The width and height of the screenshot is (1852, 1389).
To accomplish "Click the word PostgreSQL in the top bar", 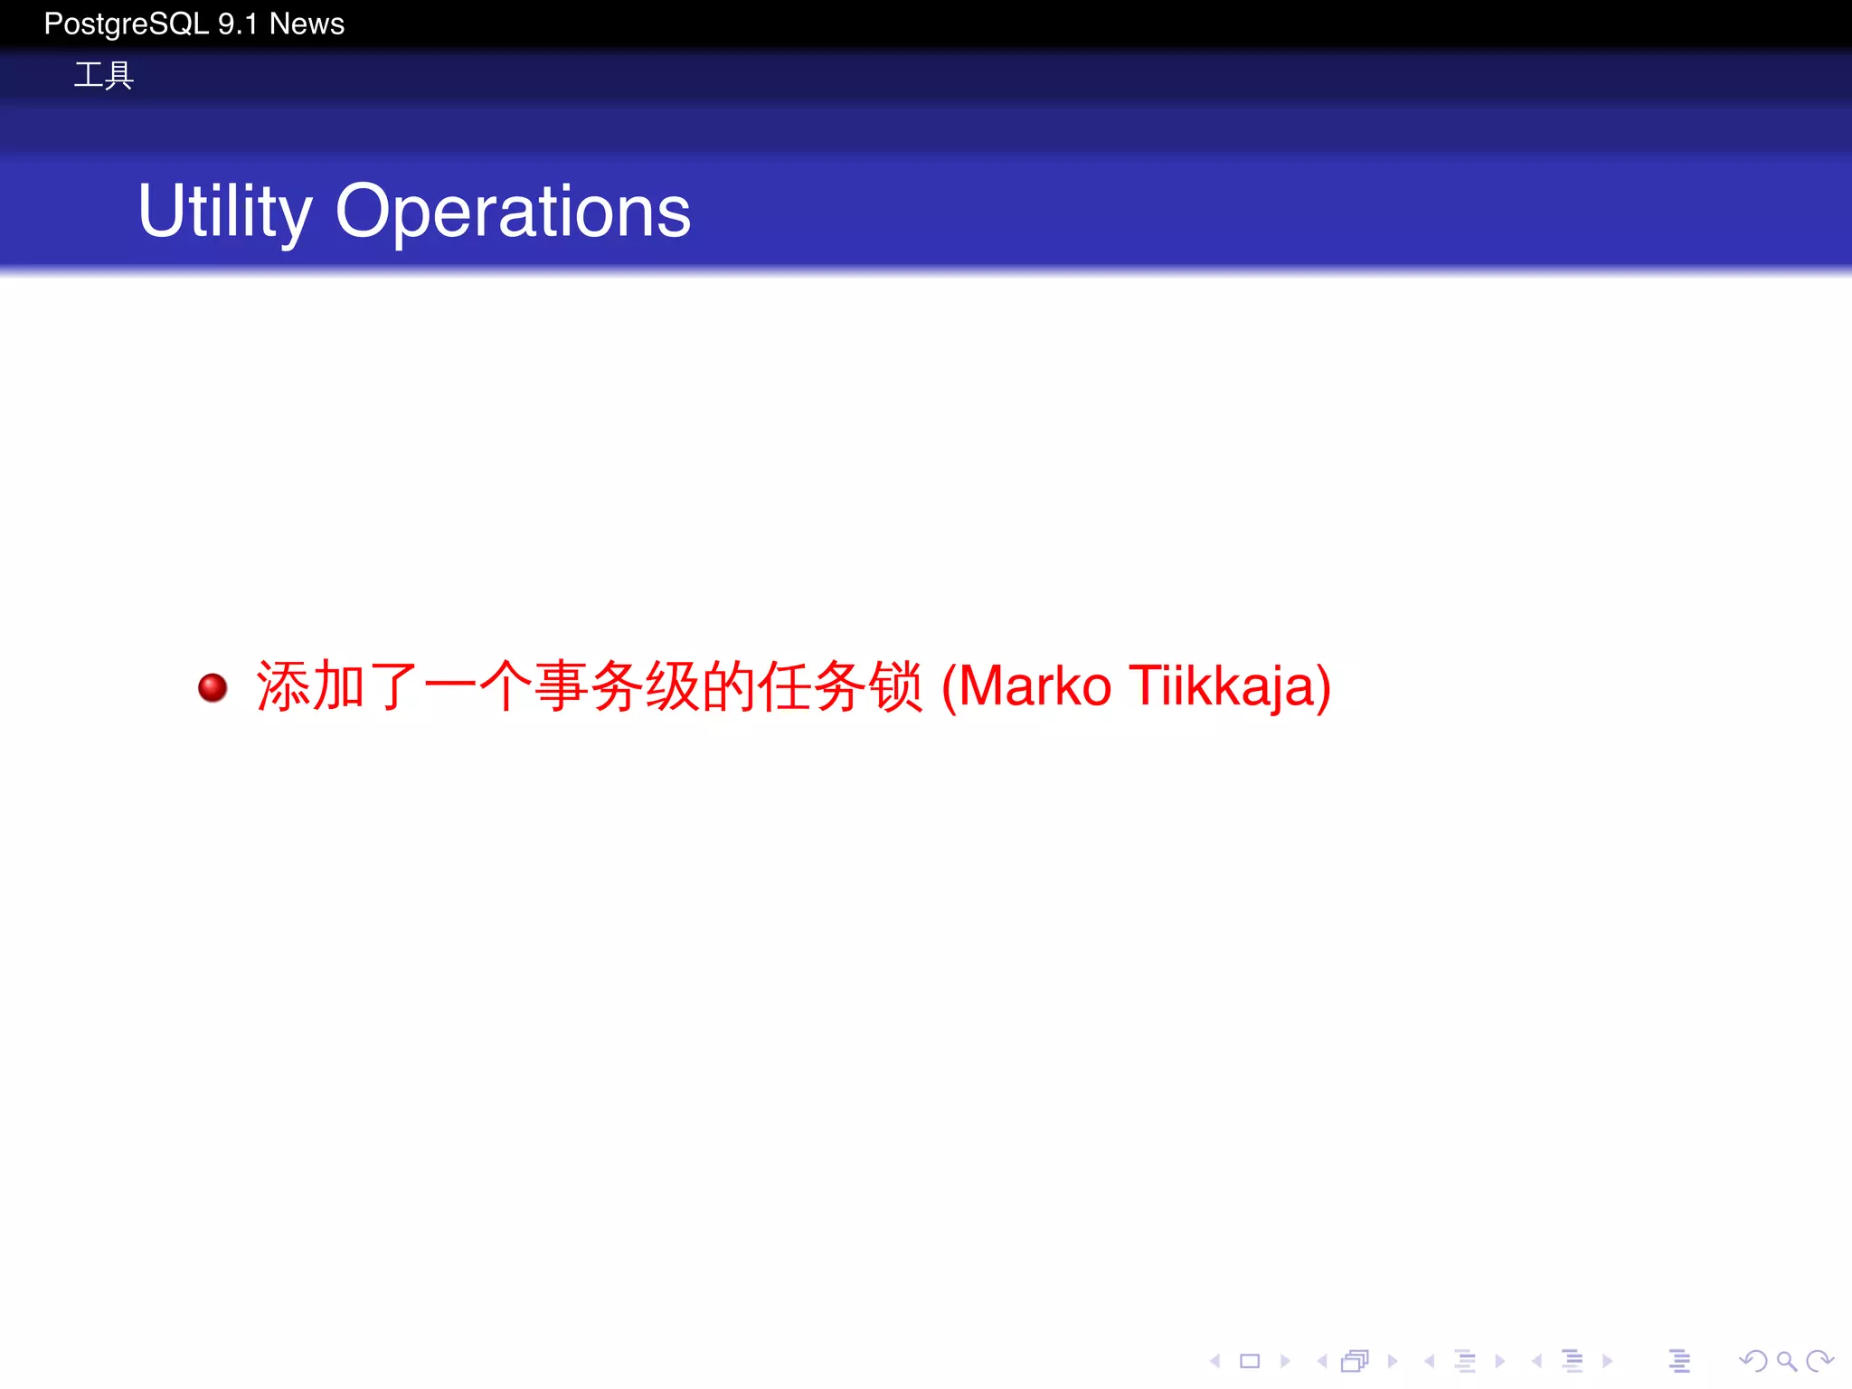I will tap(127, 24).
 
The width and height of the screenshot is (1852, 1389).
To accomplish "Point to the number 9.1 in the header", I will tap(238, 24).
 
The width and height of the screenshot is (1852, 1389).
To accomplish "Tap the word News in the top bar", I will tap(307, 24).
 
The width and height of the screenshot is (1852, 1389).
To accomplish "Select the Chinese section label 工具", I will tap(103, 75).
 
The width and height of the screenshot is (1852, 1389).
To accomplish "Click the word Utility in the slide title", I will tap(224, 212).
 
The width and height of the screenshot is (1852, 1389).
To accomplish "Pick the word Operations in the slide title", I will tap(513, 212).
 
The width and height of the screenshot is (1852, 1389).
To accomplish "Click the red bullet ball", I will tap(213, 687).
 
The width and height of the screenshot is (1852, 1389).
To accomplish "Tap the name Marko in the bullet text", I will tap(1034, 686).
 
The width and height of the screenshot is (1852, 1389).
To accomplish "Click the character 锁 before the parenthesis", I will tap(895, 686).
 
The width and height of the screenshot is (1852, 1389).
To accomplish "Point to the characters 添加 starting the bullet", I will tap(310, 686).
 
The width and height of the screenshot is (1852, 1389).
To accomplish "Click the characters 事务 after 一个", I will tap(589, 686).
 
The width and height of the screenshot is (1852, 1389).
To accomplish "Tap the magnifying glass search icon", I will tap(1786, 1360).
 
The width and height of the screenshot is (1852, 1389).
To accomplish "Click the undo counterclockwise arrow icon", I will tap(1753, 1360).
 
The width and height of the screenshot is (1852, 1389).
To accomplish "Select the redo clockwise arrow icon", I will tap(1819, 1360).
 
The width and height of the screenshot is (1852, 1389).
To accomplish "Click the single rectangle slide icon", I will tap(1250, 1361).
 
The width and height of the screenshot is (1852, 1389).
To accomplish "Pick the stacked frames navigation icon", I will tap(1355, 1361).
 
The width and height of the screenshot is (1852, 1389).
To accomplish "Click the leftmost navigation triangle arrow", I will tap(1215, 1361).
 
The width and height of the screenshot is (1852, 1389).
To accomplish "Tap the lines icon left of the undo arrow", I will tap(1679, 1361).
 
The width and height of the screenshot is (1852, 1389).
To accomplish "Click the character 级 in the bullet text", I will tap(673, 686).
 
